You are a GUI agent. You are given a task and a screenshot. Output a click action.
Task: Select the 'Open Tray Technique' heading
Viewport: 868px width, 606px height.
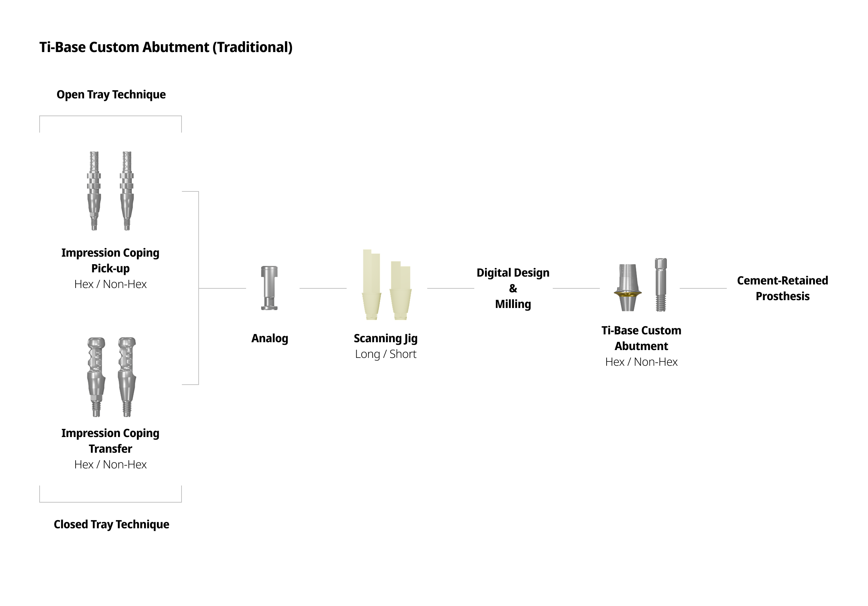pyautogui.click(x=111, y=94)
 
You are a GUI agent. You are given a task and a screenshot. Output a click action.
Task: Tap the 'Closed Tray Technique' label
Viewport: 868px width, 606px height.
pyautogui.click(x=111, y=524)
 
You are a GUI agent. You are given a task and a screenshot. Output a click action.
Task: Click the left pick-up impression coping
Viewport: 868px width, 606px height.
pyautogui.click(x=94, y=191)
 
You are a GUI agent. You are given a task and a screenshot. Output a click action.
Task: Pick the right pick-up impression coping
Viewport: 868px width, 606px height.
pyautogui.click(x=127, y=191)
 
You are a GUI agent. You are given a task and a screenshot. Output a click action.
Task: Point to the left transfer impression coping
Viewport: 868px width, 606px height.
pyautogui.click(x=96, y=377)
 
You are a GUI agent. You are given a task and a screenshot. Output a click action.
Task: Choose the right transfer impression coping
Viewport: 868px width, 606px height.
pyautogui.click(x=127, y=377)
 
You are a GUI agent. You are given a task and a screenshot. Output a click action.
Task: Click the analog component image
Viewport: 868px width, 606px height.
pyautogui.click(x=269, y=288)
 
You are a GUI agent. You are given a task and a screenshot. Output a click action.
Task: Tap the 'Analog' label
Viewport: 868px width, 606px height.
pyautogui.click(x=270, y=338)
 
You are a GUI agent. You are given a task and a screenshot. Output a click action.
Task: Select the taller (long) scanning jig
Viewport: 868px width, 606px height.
pyautogui.click(x=371, y=284)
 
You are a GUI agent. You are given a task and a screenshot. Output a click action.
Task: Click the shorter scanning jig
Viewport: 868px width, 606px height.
pyautogui.click(x=400, y=290)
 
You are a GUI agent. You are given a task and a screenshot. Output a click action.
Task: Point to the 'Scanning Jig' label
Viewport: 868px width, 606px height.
pyautogui.click(x=385, y=338)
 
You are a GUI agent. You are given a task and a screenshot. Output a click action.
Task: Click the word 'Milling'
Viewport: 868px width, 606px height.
pyautogui.click(x=513, y=304)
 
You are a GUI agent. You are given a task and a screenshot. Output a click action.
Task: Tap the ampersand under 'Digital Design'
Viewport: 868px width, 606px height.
pyautogui.click(x=513, y=289)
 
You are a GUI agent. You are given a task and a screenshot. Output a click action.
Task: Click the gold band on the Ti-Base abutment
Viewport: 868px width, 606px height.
pyautogui.click(x=628, y=293)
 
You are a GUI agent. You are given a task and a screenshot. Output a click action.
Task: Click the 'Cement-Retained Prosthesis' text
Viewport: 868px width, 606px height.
pyautogui.click(x=782, y=288)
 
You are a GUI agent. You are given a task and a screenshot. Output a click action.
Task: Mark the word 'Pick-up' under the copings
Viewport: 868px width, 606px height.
pyautogui.click(x=111, y=268)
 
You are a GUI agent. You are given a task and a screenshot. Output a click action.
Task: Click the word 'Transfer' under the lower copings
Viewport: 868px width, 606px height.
pyautogui.click(x=111, y=448)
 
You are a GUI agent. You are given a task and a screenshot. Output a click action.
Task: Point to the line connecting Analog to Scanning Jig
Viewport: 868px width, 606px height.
pyautogui.click(x=323, y=288)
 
